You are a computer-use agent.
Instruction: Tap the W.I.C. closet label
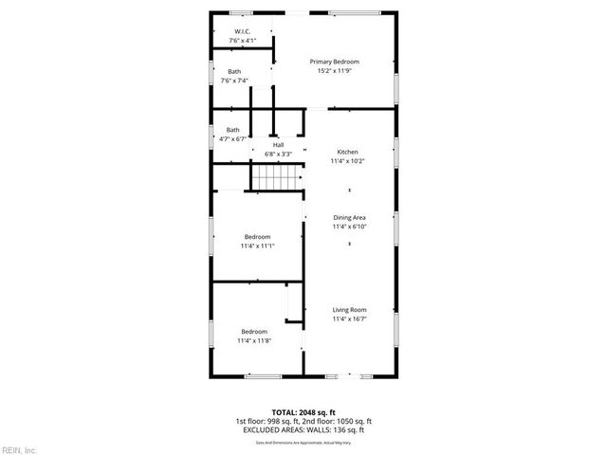point(241,32)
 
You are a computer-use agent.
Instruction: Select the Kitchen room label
point(348,152)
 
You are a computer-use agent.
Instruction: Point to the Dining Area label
point(349,218)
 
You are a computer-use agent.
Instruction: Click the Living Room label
point(349,310)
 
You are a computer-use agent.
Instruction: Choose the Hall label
point(278,144)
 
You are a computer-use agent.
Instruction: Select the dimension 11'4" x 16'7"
point(349,319)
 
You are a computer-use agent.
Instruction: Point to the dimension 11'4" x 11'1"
point(257,246)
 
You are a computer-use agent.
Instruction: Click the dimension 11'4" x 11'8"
point(254,340)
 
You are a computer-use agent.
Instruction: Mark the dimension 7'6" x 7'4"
point(234,82)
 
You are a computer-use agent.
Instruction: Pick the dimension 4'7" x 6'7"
point(232,139)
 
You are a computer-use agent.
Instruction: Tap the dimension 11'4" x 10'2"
point(348,161)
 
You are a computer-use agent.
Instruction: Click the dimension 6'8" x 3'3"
point(278,154)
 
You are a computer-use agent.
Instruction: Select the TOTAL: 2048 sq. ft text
point(303,412)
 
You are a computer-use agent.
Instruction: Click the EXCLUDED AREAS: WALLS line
point(303,429)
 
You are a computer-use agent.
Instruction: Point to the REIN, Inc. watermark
point(19,449)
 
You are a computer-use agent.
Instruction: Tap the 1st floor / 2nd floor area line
point(303,421)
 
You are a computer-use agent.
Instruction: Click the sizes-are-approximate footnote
point(303,443)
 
